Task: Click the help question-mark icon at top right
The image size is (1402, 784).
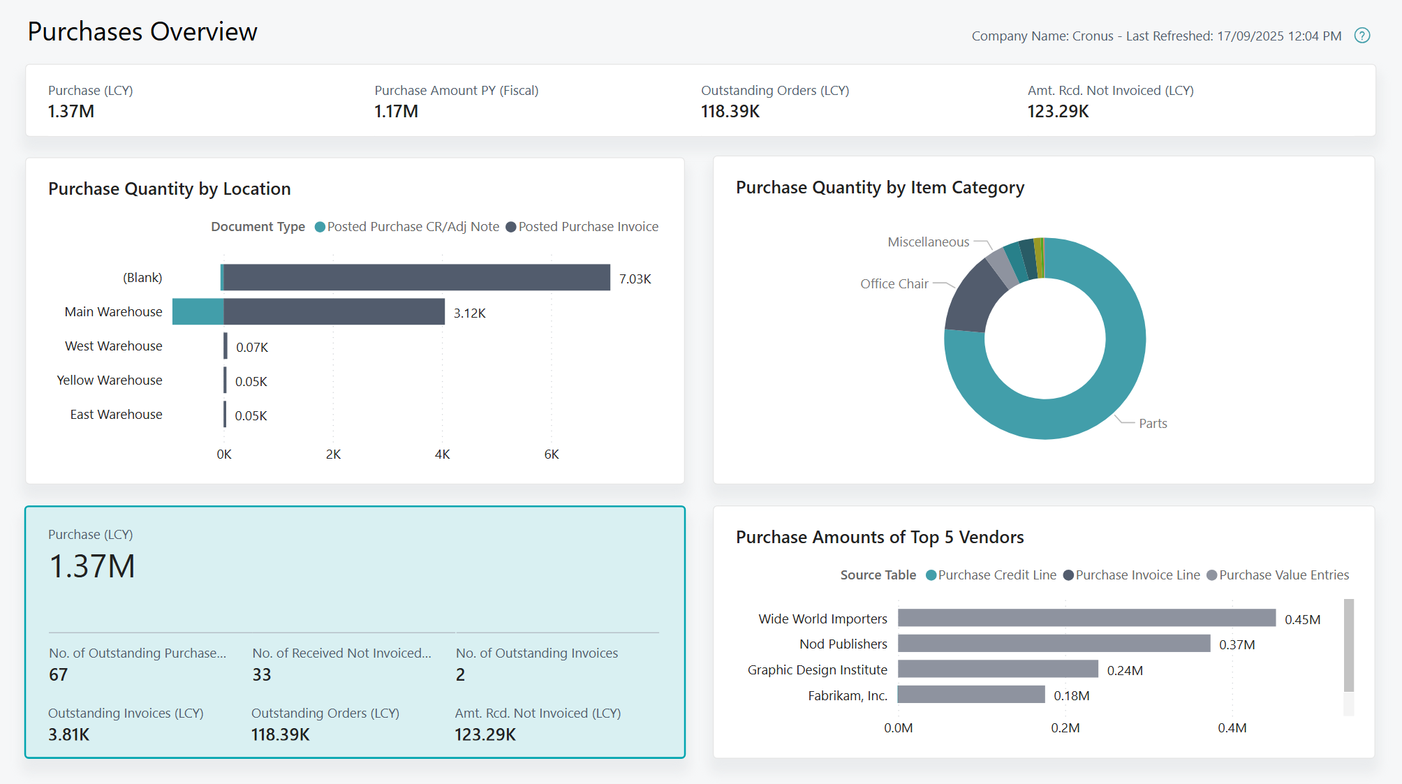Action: pos(1362,36)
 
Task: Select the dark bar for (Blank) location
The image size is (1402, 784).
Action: pos(416,277)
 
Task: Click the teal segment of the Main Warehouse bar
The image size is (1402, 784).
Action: pos(198,311)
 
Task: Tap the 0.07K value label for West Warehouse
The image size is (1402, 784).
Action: pos(251,347)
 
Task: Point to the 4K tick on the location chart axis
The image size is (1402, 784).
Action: pos(442,454)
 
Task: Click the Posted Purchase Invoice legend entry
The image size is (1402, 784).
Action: pos(582,227)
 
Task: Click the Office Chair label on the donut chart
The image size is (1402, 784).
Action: pos(894,283)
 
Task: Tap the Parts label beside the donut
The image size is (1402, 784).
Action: pos(1153,423)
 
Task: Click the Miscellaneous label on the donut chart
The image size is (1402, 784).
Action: pos(928,242)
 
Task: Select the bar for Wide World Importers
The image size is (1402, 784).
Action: pos(1086,618)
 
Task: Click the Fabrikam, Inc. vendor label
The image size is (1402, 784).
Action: pos(847,695)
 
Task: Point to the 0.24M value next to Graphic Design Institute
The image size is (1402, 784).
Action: pos(1125,670)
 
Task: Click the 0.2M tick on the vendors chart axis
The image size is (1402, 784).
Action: pos(1065,727)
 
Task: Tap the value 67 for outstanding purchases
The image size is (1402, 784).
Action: pos(59,674)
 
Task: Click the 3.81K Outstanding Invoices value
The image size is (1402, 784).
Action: pos(68,734)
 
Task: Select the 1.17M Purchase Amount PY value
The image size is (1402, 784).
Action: pos(396,112)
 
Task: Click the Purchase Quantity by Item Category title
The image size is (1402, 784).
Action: pos(880,187)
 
